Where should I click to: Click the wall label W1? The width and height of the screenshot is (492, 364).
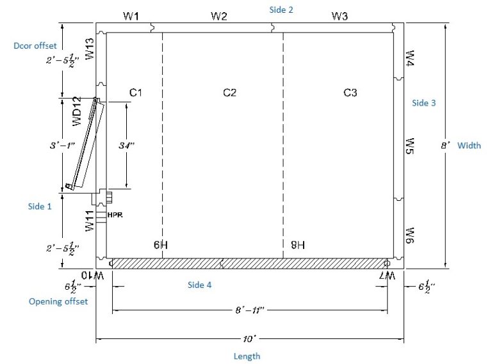[131, 17]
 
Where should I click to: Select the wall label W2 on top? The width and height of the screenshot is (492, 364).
[219, 17]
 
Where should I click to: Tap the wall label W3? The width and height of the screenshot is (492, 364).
[340, 17]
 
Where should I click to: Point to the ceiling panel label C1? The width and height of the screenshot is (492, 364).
[136, 93]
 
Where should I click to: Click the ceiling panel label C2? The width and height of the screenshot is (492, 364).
[229, 93]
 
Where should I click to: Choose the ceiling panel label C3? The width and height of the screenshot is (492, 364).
[350, 93]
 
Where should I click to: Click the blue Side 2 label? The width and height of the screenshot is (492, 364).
[281, 10]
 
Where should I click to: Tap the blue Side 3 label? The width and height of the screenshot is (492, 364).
[424, 103]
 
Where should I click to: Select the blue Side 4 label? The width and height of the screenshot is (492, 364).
[200, 285]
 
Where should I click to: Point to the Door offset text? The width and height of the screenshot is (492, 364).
[35, 46]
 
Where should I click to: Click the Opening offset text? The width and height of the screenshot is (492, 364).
[58, 301]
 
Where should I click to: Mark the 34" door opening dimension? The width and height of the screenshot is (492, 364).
[126, 145]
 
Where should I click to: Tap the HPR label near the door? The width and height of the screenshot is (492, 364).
[115, 216]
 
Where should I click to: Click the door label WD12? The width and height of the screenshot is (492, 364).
[77, 111]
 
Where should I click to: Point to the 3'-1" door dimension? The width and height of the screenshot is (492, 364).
[62, 145]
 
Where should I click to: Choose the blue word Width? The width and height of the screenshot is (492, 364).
[469, 146]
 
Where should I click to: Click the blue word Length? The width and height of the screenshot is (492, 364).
[247, 356]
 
